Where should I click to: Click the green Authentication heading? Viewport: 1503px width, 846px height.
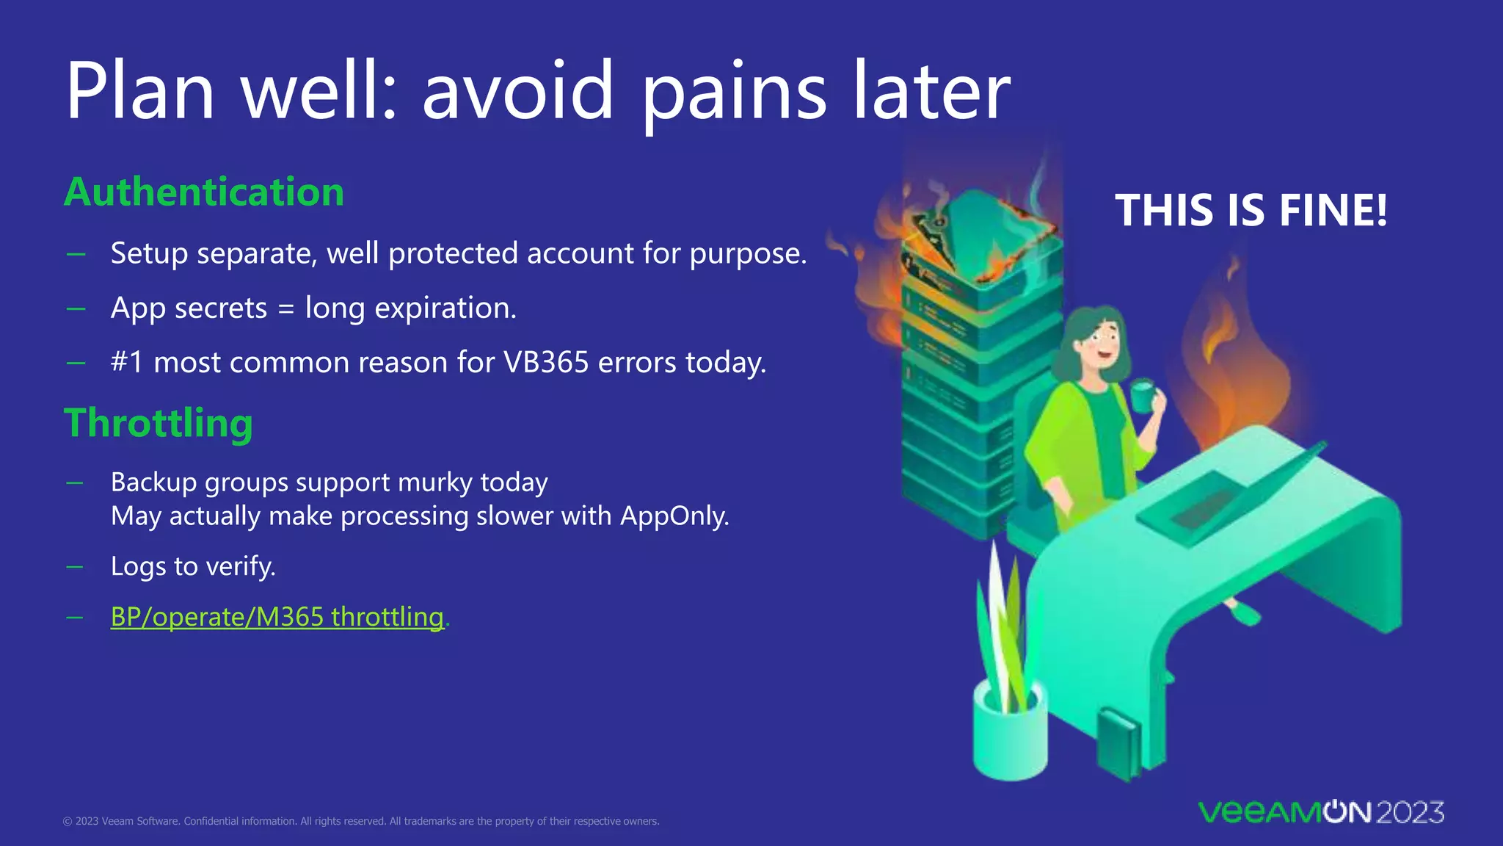(204, 192)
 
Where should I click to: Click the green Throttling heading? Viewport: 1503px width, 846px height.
(159, 424)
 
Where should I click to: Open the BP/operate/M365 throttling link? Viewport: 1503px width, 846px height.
(277, 616)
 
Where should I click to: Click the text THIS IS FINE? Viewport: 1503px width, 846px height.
(1251, 211)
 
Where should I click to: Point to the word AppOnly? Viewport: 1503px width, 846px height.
(674, 516)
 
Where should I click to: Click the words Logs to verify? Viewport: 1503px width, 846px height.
(193, 566)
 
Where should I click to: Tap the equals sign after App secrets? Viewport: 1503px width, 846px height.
(285, 309)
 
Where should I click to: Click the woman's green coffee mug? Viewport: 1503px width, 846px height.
(1143, 397)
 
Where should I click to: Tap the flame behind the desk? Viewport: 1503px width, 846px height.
(1240, 367)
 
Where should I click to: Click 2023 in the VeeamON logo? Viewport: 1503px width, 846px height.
(1409, 812)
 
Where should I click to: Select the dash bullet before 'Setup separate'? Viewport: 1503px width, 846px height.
(76, 254)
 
